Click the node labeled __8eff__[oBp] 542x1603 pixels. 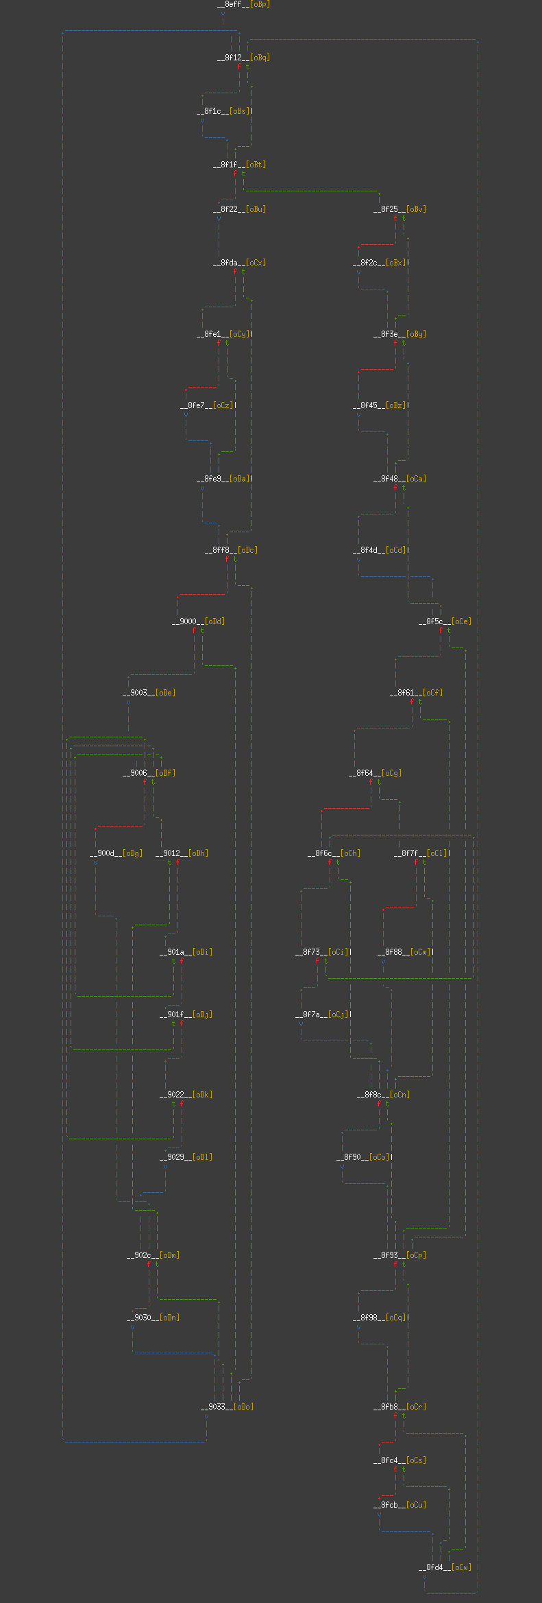pos(243,4)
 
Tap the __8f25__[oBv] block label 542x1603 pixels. pos(399,209)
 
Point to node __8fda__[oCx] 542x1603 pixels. pos(239,263)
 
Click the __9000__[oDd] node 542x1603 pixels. pos(198,621)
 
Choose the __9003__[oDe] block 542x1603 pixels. pos(149,693)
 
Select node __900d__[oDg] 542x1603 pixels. pos(116,853)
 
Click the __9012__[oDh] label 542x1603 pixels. pos(182,853)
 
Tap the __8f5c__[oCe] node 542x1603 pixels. pos(445,621)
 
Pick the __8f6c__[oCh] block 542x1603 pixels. pos(334,853)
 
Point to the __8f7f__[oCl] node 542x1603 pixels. pos(421,853)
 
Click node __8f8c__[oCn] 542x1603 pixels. pos(383,1095)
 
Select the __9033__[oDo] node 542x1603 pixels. pos(227,1407)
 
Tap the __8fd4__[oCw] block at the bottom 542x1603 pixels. pos(445,1567)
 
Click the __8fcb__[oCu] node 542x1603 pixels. pos(399,1505)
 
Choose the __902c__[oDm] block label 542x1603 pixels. pos(153,1255)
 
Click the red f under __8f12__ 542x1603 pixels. pos(239,67)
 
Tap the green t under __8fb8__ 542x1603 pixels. pos(404,1416)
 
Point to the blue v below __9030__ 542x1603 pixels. pos(132,1327)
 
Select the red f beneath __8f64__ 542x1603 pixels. pos(371,782)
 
